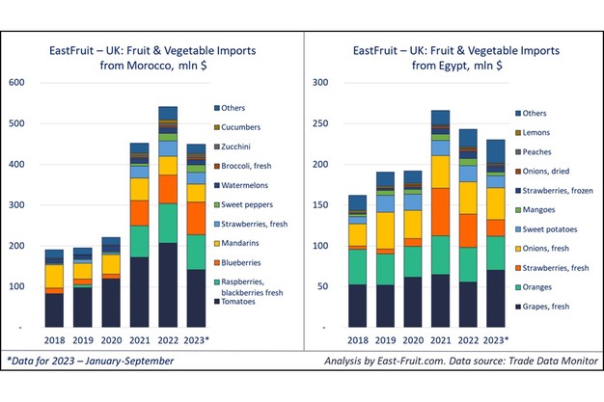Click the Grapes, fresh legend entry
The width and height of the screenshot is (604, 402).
tap(547, 306)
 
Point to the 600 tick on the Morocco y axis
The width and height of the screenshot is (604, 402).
tap(16, 83)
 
